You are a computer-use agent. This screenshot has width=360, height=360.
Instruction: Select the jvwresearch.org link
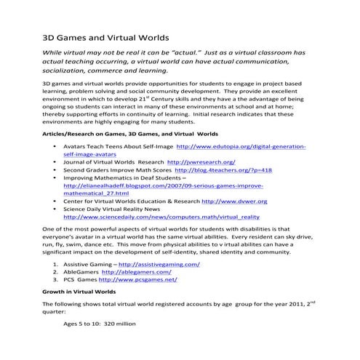(x=201, y=161)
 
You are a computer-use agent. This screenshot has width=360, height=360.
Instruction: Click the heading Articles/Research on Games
(x=121, y=135)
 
